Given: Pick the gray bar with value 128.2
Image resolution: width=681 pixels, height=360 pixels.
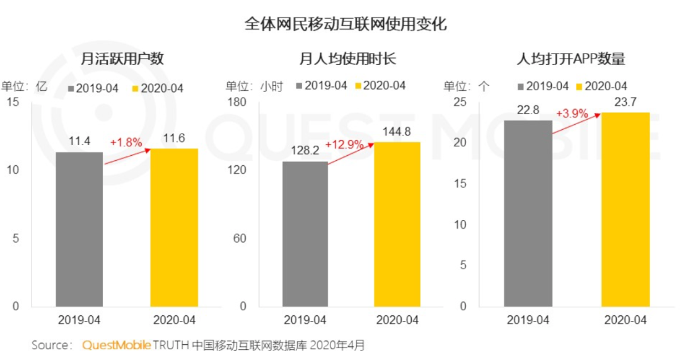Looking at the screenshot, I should coord(305,234).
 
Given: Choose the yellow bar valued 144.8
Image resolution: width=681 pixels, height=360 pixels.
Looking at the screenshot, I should coord(397,224).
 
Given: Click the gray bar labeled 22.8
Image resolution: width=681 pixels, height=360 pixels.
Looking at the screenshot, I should coord(528,213).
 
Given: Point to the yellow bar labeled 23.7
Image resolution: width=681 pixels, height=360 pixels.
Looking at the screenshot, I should coord(625,209).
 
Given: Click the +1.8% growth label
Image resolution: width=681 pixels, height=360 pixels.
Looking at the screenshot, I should coord(125,142).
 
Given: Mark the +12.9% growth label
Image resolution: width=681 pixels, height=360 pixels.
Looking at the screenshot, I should coord(344,144).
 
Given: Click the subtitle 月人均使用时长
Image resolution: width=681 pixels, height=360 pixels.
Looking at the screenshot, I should coord(347,59).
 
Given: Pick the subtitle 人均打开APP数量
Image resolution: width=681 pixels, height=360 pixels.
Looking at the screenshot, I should coord(570,59).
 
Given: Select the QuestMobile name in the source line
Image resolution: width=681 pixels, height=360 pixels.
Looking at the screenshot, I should coord(117,345).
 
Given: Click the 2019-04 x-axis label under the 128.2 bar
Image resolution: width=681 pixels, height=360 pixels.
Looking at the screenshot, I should coord(305,320).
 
